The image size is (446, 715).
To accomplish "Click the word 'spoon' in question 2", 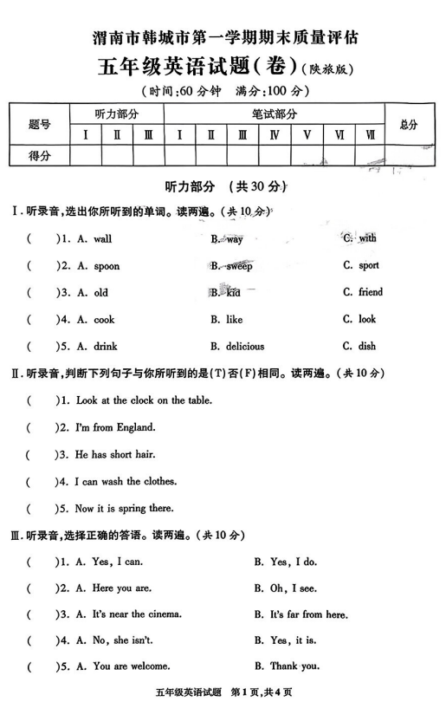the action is (107, 266).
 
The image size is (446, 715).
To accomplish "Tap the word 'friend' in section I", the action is (370, 292).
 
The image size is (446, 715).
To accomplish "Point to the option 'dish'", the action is (367, 347).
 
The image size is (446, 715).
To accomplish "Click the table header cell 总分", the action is (409, 125).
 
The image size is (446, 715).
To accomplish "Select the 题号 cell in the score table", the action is (40, 125).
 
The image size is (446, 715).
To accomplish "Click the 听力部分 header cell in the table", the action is (117, 114).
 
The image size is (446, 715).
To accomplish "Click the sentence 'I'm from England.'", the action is (116, 427).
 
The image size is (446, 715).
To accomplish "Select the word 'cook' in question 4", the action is (104, 320).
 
